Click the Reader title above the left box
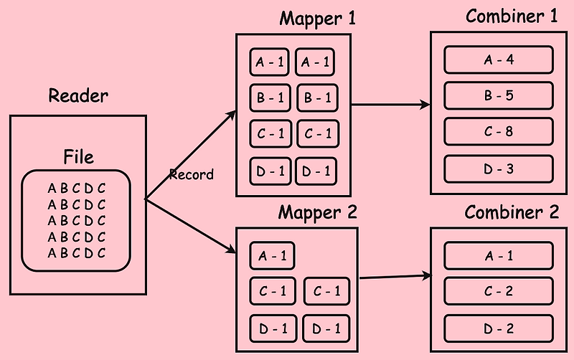[x=77, y=95]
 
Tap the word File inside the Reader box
[x=78, y=156]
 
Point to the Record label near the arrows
[x=191, y=174]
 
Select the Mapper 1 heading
[x=317, y=19]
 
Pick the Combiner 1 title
[x=511, y=16]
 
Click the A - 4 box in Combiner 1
[x=499, y=60]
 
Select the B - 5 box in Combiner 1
[x=499, y=95]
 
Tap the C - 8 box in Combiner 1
[x=499, y=131]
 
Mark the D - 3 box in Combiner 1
[x=499, y=168]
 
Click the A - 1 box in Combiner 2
[x=499, y=255]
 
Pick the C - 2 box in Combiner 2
[x=499, y=291]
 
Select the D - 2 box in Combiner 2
[x=499, y=328]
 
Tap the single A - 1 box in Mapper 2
[x=271, y=256]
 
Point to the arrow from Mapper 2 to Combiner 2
[x=395, y=276]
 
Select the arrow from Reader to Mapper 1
[x=190, y=155]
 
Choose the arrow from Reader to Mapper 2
[x=190, y=225]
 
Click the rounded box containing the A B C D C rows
[x=77, y=220]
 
